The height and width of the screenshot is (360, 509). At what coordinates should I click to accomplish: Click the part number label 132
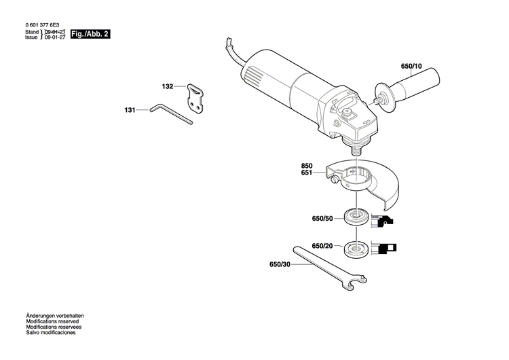pos(168,87)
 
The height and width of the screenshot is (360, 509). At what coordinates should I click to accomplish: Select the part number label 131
pos(130,109)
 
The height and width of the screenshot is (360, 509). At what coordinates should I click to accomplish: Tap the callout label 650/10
pos(411,67)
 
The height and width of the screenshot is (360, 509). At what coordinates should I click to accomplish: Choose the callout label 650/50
pos(322,219)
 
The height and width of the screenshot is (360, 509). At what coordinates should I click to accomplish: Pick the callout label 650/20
pos(322,246)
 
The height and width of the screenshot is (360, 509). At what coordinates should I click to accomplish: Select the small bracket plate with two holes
pos(196,96)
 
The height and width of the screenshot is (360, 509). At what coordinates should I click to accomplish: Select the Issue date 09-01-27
pos(55,37)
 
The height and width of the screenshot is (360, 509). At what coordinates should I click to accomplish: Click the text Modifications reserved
pos(52,321)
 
